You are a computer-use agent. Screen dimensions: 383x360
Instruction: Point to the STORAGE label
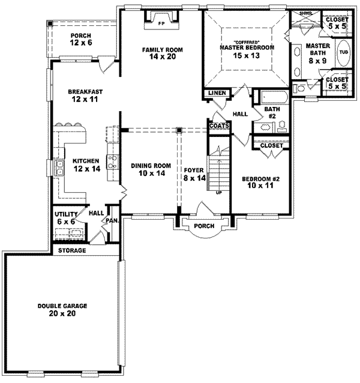coord(72,250)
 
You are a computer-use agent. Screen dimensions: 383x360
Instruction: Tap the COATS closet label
coord(217,125)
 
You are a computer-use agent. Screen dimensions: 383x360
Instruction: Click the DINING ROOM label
coord(151,169)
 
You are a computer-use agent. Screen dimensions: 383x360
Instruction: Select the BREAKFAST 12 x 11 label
coord(85,95)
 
